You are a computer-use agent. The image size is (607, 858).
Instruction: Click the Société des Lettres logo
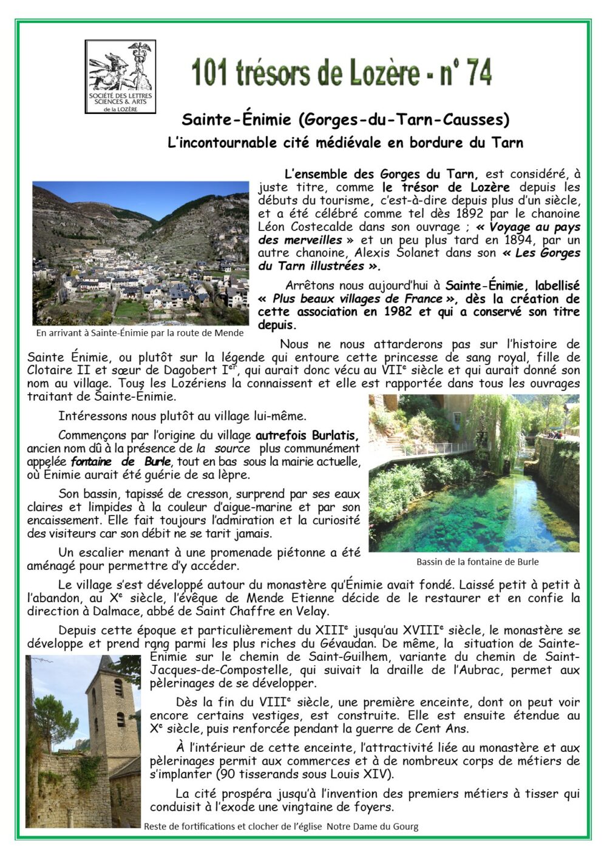point(120,77)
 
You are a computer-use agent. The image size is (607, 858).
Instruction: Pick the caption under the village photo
point(140,332)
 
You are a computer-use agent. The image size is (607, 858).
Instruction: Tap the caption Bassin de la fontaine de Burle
point(477,561)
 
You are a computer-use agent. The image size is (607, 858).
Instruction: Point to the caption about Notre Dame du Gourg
point(281,826)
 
